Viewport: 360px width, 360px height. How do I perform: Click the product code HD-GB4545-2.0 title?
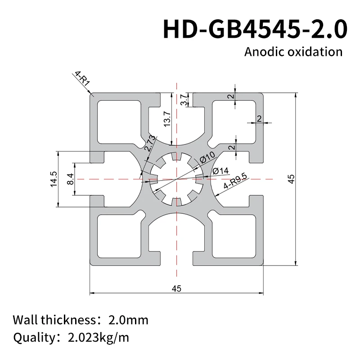[x=255, y=28]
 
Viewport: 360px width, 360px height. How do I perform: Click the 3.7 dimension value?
[x=184, y=100]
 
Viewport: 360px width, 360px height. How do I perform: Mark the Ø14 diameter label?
[x=220, y=171]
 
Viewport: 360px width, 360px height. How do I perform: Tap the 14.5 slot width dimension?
[x=54, y=179]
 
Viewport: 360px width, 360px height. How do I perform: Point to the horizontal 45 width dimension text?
[x=176, y=289]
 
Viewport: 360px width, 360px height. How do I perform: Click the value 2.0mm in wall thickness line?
[x=128, y=320]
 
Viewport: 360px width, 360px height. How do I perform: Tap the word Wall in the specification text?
[x=25, y=320]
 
